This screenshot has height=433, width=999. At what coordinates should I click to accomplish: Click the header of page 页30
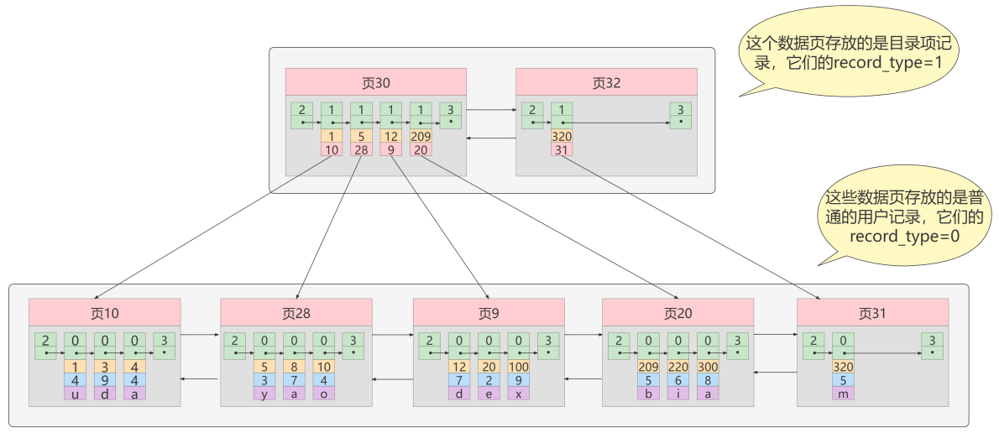[x=376, y=82]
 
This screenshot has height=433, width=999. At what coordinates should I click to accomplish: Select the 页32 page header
[x=606, y=82]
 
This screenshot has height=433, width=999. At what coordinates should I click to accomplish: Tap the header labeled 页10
[x=104, y=313]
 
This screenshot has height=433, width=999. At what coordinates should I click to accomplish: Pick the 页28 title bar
[x=296, y=313]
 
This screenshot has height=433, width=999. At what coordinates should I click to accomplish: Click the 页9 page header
[x=489, y=313]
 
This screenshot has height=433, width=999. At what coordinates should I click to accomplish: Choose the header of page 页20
[x=678, y=313]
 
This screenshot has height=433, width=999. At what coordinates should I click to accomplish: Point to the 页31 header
[x=872, y=313]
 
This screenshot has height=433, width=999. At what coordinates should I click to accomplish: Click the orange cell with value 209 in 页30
[x=421, y=136]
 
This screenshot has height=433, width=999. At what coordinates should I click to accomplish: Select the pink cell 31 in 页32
[x=562, y=149]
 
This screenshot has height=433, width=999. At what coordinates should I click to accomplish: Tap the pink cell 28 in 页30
[x=361, y=149]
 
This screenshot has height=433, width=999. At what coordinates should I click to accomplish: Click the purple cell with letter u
[x=76, y=394]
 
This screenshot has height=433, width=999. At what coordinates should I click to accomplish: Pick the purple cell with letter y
[x=264, y=394]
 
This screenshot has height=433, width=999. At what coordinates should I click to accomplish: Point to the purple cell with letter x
[x=519, y=394]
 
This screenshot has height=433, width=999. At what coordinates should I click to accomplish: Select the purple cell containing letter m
[x=843, y=394]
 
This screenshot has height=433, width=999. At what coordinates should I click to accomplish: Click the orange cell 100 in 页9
[x=519, y=367]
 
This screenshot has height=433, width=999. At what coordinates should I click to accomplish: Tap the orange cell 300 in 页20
[x=708, y=367]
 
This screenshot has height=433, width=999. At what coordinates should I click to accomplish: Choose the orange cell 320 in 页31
[x=843, y=367]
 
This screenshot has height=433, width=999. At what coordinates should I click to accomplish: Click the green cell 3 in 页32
[x=681, y=115]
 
